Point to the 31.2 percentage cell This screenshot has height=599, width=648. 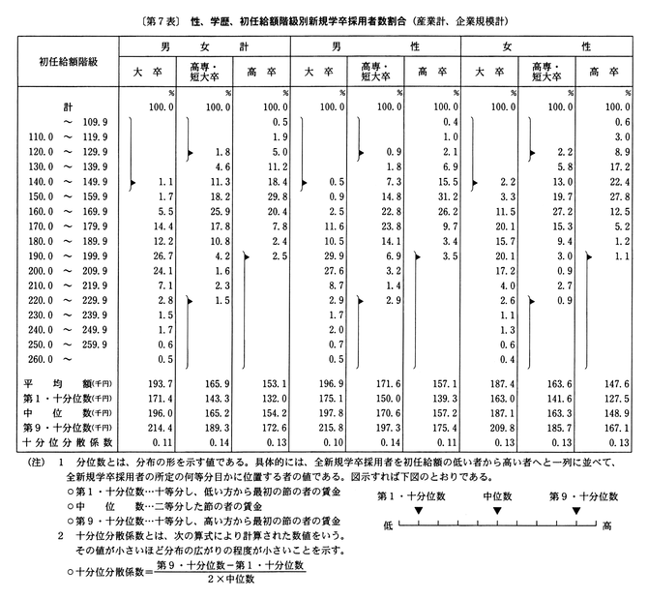point(444,196)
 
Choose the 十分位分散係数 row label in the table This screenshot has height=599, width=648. point(56,441)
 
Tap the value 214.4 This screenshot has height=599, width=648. point(157,428)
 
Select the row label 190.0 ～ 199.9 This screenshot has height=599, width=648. point(64,255)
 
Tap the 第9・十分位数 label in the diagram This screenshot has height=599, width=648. point(574,495)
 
